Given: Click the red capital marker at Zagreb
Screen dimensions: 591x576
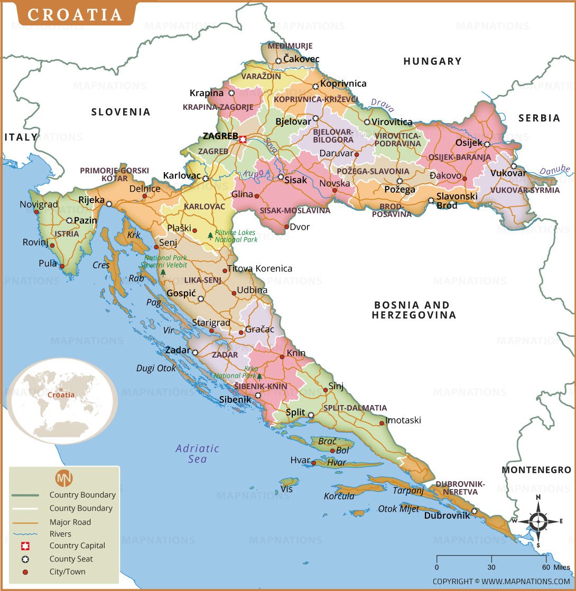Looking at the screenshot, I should click(243, 139).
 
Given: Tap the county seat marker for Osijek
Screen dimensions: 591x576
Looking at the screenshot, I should click(487, 144).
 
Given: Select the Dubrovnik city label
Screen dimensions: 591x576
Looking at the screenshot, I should click(447, 515).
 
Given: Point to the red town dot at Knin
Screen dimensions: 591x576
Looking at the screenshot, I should click(282, 357).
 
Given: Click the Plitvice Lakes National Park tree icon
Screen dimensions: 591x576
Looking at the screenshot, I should click(210, 236).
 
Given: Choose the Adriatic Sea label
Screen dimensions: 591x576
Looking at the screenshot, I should click(197, 454).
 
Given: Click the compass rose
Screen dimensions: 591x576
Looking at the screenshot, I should click(537, 521).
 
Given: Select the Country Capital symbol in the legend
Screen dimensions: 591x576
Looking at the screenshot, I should click(25, 546).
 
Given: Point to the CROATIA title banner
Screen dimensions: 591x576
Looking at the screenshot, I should click(75, 14).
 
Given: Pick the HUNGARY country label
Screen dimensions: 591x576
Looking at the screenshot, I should click(432, 61).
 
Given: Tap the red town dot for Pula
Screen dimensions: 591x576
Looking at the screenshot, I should click(62, 266).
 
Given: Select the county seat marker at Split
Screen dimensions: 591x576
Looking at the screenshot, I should click(311, 415).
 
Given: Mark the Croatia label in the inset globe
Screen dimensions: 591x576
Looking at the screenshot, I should click(61, 395).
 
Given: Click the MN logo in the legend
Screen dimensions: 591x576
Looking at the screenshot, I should click(64, 477).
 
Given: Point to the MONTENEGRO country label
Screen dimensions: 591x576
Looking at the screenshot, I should click(536, 470).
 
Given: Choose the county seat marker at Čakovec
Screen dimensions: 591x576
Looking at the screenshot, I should click(278, 61).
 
